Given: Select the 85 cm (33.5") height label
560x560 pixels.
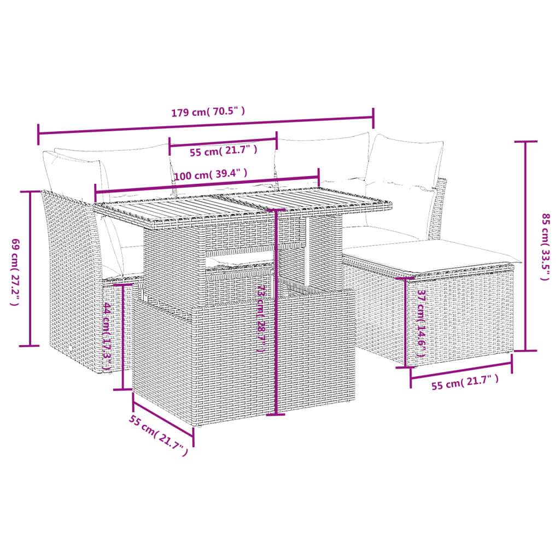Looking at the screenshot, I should [x=544, y=246].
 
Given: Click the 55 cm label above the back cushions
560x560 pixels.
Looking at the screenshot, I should [x=222, y=150].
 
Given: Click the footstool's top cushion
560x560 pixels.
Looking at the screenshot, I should [x=432, y=254].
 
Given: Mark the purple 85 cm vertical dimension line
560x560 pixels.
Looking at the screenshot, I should [x=526, y=246].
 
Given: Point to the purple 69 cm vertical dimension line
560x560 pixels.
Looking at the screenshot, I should [x=30, y=269].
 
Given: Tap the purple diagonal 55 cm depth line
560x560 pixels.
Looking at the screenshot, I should [x=163, y=418].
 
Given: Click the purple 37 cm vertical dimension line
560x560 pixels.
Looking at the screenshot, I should [x=406, y=322].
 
